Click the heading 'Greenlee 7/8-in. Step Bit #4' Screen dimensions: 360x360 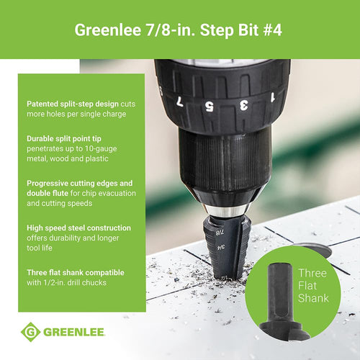pyautogui.click(x=180, y=30)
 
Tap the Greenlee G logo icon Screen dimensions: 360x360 pyautogui.click(x=31, y=333)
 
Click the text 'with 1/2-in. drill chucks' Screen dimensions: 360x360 pyautogui.click(x=67, y=282)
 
